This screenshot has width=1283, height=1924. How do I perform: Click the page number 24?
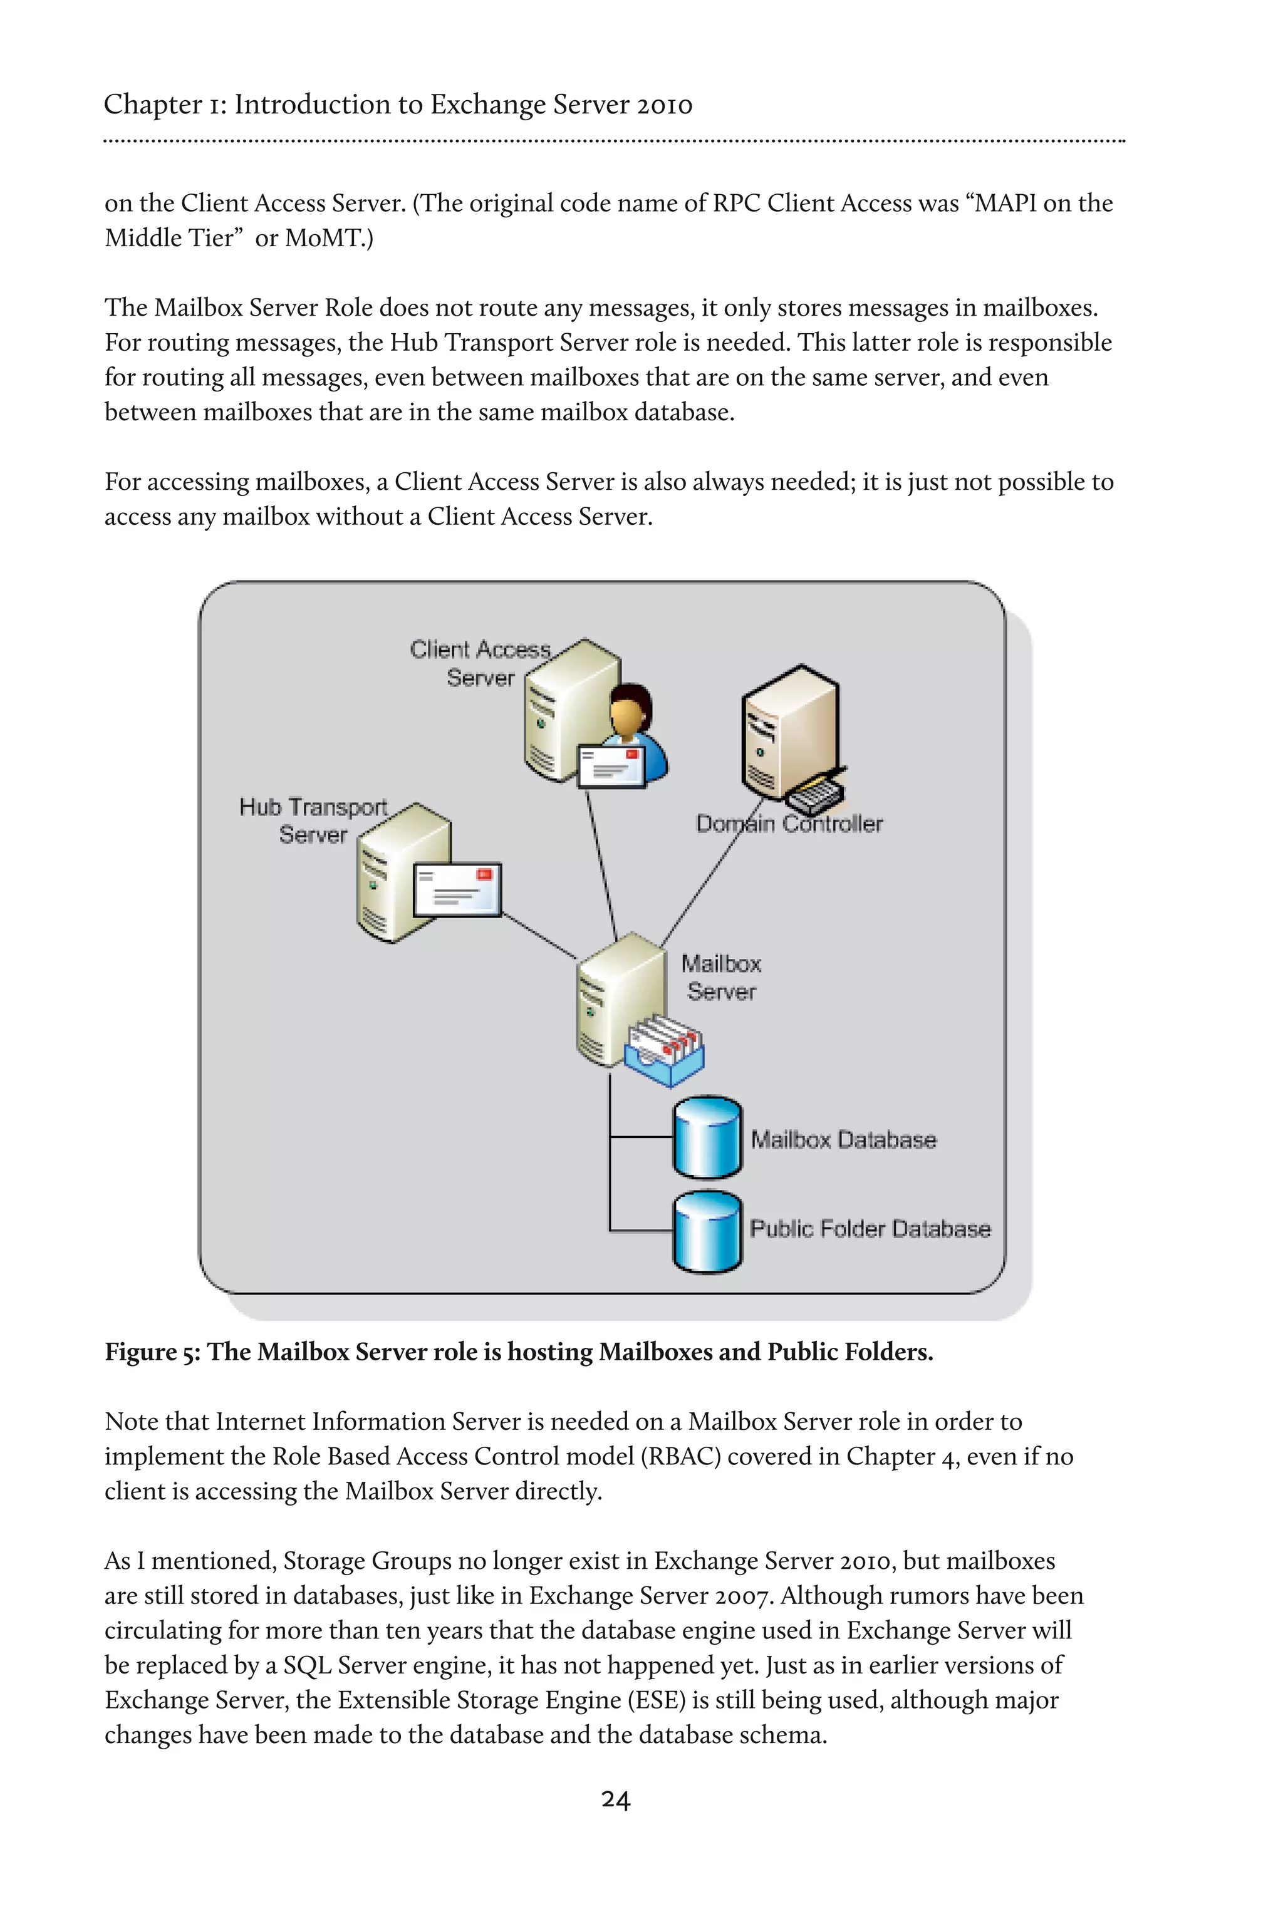pos(615,1799)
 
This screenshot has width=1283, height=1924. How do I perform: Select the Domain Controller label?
pos(789,824)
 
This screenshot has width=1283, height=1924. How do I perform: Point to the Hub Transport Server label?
pos(313,820)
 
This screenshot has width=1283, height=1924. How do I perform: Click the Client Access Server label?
pos(480,663)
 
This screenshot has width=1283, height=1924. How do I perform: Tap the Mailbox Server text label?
pos(721,978)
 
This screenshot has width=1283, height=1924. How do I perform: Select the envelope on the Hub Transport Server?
pos(457,890)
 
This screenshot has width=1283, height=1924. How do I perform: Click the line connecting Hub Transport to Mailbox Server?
pos(540,937)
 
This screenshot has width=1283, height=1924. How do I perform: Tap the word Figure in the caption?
pos(141,1352)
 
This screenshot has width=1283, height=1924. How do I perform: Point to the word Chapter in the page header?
pos(153,105)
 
